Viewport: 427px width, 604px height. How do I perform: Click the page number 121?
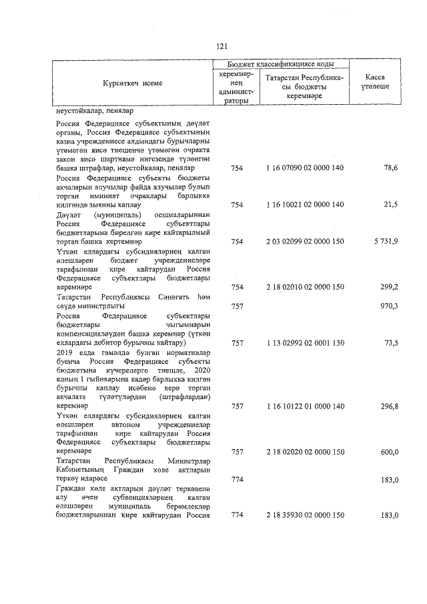click(223, 46)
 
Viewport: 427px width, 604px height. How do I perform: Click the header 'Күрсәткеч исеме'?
click(132, 83)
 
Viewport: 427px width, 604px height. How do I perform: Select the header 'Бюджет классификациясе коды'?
click(280, 63)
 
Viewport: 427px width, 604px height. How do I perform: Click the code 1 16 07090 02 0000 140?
click(305, 168)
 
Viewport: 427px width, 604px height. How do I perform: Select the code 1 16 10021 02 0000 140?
click(305, 204)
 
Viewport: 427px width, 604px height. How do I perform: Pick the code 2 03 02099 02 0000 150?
click(305, 240)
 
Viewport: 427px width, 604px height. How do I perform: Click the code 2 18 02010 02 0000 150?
click(305, 286)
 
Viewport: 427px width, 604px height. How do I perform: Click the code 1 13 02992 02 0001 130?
click(305, 342)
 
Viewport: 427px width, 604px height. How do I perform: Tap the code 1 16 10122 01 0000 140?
click(305, 405)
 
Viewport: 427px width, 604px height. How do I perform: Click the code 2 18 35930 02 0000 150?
click(305, 515)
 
